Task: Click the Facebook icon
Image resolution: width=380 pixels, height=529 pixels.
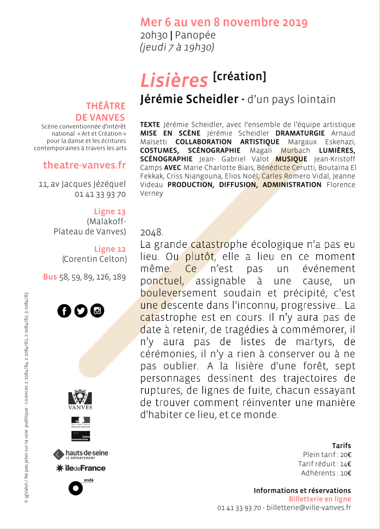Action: pos(64,311)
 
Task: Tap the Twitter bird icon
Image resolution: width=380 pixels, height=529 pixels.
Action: pos(81,311)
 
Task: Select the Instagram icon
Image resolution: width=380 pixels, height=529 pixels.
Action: pos(97,311)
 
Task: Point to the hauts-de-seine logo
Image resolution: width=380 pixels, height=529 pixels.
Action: pos(81,454)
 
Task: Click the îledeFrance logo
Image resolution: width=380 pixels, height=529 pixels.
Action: pos(81,468)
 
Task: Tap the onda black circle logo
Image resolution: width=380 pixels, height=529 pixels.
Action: pos(76,488)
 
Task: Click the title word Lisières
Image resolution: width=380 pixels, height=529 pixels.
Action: pos(174,80)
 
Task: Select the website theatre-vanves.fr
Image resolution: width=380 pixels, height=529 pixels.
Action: pos(84,165)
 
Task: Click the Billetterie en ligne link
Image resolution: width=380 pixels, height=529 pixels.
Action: pos(320,499)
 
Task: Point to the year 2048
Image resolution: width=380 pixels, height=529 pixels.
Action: pos(152,233)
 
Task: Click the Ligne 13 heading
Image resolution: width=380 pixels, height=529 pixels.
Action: pos(110,211)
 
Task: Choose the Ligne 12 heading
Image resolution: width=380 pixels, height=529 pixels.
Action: pos(110,249)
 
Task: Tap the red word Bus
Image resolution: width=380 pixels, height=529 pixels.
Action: pos(50,277)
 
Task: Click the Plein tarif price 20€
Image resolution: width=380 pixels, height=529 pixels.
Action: pos(346,455)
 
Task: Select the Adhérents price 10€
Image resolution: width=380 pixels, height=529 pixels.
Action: pos(346,473)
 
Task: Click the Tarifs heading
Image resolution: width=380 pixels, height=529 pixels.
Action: pos(341,445)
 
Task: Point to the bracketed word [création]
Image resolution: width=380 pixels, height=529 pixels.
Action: pos(240,76)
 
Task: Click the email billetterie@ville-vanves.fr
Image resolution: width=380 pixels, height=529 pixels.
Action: pos(309,507)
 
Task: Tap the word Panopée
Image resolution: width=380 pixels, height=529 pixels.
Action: pos(195,35)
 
